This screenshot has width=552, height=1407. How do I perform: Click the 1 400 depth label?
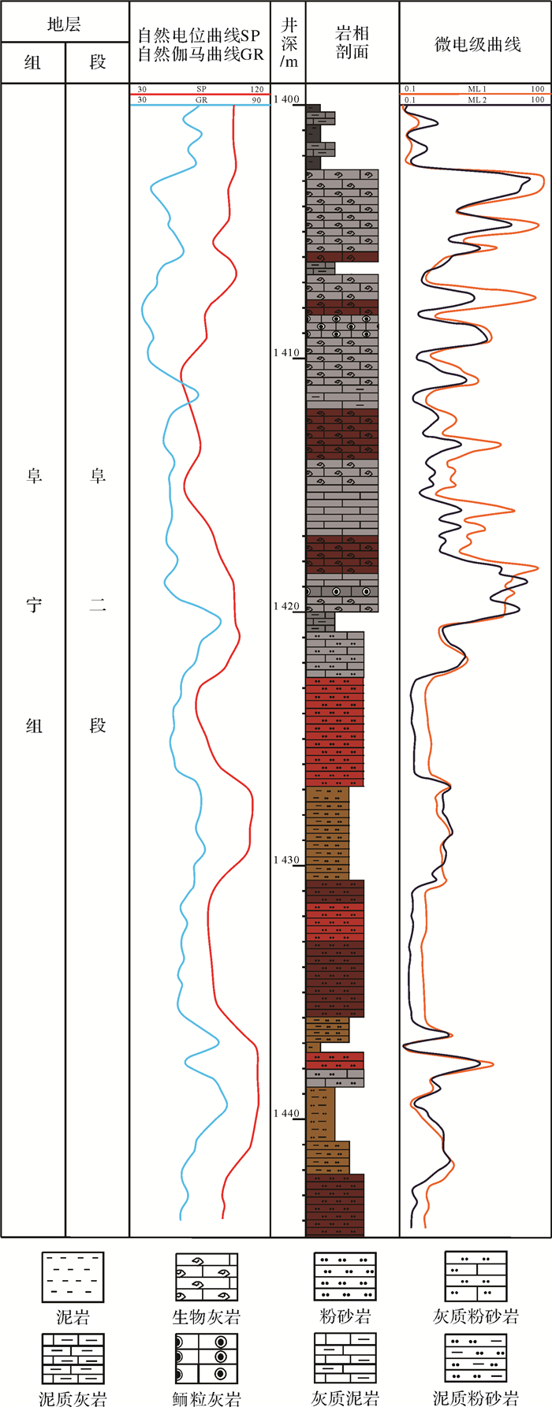pos(287,99)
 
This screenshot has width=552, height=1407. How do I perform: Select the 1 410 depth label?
pos(287,352)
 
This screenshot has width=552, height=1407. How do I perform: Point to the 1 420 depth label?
pos(287,606)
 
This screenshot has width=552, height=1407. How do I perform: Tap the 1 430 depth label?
pos(287,860)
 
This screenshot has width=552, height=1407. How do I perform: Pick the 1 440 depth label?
pos(287,1114)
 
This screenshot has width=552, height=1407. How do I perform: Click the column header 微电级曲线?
pos(477,44)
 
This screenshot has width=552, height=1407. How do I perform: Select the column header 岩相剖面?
pos(352,43)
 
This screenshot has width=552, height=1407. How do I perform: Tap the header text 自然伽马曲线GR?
pos(200,54)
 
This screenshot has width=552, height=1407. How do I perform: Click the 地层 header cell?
pos(65,24)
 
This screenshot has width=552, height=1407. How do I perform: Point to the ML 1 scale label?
pos(477,90)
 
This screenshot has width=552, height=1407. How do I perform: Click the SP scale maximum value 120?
pos(256,90)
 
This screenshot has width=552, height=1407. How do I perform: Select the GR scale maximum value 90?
pos(256,100)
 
